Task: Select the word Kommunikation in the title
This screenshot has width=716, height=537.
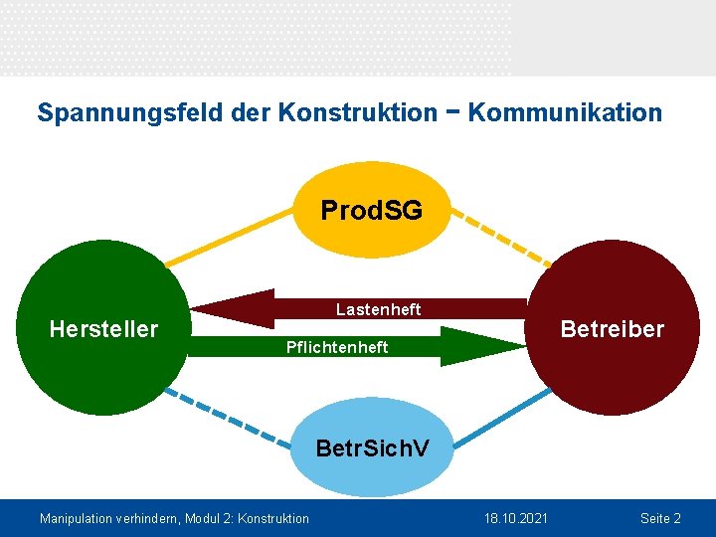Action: point(565,112)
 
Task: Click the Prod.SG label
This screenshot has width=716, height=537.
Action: point(371,210)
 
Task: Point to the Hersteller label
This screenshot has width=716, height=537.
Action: point(103,329)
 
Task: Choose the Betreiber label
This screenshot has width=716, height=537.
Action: point(612,329)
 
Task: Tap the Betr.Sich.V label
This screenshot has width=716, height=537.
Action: point(372,447)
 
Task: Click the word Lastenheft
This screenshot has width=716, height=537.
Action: point(378,310)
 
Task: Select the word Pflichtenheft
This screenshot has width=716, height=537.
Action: point(337,347)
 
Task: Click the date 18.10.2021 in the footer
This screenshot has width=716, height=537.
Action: point(516,518)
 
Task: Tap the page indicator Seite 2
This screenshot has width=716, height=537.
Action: point(660,518)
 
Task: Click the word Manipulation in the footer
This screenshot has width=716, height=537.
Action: point(76,518)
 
